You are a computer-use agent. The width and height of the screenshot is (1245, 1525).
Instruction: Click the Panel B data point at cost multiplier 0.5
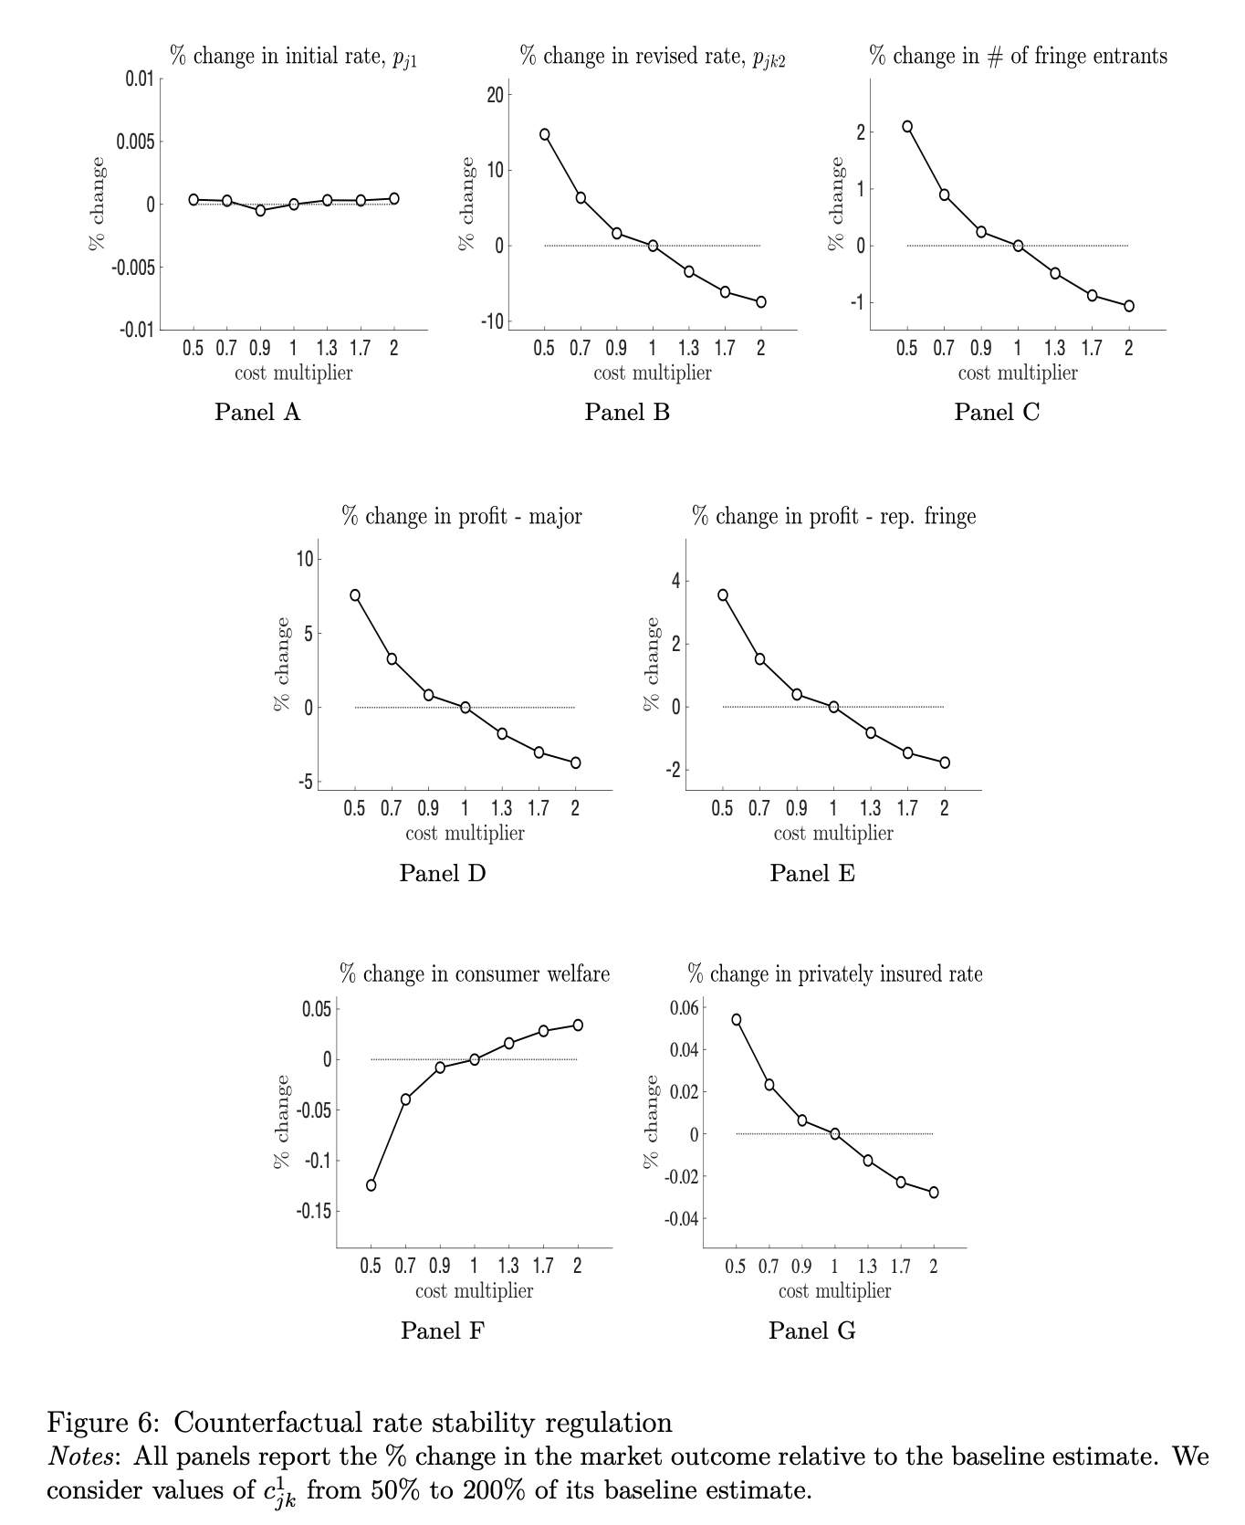coord(544,134)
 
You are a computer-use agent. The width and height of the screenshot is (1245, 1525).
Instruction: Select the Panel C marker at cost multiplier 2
coord(1128,306)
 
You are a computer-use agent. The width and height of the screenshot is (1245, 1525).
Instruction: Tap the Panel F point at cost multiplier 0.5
coord(371,1185)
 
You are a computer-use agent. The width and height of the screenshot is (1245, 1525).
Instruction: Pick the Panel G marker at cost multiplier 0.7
coord(769,1085)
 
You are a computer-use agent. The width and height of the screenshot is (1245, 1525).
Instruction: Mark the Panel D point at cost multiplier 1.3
coord(502,733)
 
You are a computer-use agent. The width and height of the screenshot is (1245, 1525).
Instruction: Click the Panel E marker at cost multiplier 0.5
coord(723,594)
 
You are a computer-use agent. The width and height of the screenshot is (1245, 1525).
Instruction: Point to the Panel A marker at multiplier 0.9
coord(260,210)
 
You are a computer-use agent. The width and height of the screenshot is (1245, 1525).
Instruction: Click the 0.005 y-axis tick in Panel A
coord(134,142)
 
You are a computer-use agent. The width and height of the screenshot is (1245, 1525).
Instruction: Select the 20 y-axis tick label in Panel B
coord(494,95)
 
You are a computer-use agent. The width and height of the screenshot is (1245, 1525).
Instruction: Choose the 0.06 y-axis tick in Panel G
coord(684,1007)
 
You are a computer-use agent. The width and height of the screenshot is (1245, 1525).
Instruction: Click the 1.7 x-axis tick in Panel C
coord(1092,348)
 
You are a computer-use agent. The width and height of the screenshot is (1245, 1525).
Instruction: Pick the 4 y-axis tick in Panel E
coord(675,581)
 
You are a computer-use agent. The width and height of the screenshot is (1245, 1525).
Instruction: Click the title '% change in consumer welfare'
coord(475,973)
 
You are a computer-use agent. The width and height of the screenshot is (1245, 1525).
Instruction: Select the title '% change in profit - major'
coord(462,516)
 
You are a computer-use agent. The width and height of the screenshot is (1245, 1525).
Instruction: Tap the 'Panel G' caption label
coord(811,1330)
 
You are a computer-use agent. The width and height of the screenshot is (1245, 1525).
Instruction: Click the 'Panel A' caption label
coord(257,412)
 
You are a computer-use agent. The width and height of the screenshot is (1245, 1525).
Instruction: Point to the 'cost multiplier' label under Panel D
coord(465,833)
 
